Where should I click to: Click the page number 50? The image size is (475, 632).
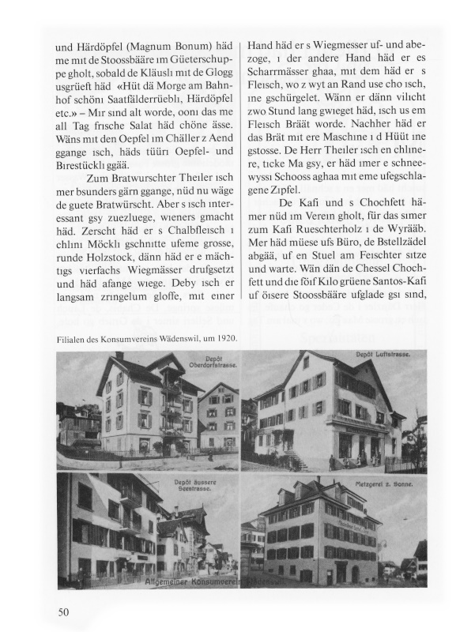pos(64,611)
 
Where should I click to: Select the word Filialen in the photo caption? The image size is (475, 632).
pos(72,337)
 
